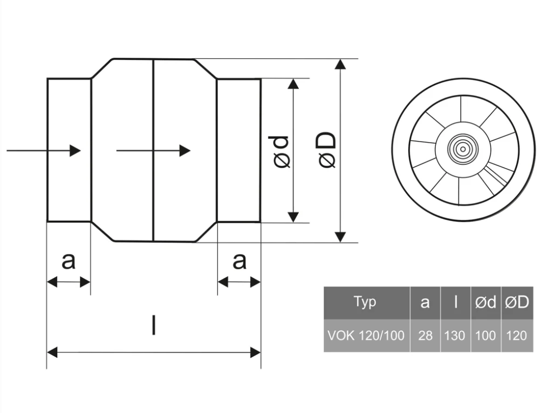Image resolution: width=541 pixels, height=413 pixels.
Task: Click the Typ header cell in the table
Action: [x=365, y=302]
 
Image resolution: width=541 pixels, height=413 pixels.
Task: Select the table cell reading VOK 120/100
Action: [x=366, y=335]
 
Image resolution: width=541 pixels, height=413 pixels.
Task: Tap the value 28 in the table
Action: [x=425, y=335]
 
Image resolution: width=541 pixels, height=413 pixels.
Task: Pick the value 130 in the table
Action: [x=455, y=335]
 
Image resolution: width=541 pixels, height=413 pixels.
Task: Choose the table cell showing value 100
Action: [x=486, y=335]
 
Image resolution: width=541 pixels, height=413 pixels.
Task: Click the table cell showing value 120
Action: [x=517, y=335]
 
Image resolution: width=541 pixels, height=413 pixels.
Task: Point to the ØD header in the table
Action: [x=517, y=302]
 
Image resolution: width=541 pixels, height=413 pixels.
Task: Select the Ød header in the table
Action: [x=486, y=302]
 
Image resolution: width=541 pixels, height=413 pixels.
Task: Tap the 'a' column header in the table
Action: [x=425, y=302]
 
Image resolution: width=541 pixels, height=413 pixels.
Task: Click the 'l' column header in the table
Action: [x=455, y=302]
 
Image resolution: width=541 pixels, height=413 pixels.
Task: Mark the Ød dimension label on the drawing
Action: [x=281, y=151]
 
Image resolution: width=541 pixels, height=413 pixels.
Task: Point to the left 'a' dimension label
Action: [x=68, y=260]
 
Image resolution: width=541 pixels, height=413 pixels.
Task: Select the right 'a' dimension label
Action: [x=239, y=260]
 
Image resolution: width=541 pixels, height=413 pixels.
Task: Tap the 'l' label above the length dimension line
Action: [x=153, y=324]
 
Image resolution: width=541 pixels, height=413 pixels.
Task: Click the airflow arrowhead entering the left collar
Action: [x=75, y=151]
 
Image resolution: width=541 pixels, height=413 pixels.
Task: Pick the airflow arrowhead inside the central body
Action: [x=185, y=151]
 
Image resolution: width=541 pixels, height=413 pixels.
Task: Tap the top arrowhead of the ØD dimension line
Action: [x=341, y=64]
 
